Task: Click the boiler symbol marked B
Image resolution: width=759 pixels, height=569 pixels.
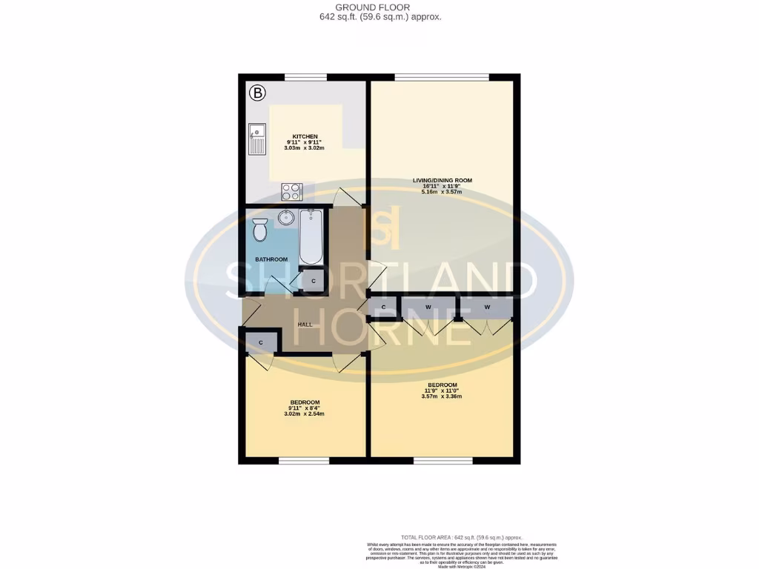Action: pos(257,93)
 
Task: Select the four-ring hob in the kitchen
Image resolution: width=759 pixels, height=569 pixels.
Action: pos(291,191)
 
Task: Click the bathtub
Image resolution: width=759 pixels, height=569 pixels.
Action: pos(311,236)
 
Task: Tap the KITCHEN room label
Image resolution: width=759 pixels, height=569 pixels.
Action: pos(305,137)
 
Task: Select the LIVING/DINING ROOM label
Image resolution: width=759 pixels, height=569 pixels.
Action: pos(443,180)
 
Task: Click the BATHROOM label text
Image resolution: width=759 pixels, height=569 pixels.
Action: pos(271,259)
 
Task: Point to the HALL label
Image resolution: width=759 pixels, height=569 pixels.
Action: pos(305,325)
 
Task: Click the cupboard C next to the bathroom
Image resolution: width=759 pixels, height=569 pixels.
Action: pos(314,282)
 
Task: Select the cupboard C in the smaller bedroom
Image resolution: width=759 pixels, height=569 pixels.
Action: pos(261,342)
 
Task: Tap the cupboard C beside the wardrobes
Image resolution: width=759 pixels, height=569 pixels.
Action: pos(384,307)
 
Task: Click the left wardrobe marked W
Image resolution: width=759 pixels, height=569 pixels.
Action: pos(428,307)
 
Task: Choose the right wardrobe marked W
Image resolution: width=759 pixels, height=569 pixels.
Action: pos(487,307)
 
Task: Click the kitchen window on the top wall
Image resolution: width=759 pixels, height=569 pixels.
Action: pos(305,77)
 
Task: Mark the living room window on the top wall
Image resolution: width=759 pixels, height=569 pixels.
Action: pos(442,77)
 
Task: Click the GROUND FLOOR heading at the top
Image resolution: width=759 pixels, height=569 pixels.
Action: pos(379,7)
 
